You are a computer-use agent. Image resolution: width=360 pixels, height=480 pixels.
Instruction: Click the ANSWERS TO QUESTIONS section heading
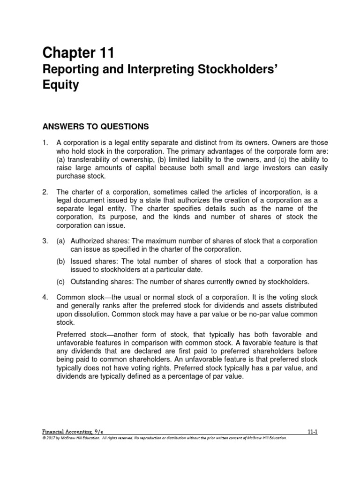coord(96,126)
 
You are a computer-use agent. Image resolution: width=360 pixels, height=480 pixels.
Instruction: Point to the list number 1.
coord(45,142)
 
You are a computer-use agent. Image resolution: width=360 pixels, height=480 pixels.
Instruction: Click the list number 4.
coord(45,297)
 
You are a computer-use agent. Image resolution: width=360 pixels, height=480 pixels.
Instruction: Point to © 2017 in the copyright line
coord(50,438)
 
